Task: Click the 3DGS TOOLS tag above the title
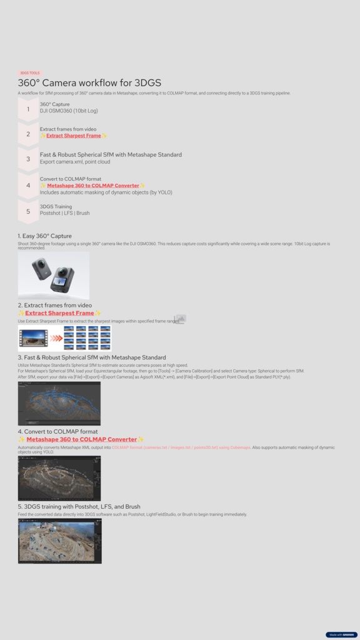[29, 73]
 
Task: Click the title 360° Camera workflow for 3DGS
[89, 83]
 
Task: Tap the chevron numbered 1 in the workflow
[28, 109]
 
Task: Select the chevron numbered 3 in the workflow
[28, 159]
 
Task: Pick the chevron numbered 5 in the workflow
[28, 211]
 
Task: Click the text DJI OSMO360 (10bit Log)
[69, 111]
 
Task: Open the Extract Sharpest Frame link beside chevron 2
[73, 136]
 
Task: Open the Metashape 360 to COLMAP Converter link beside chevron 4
[93, 186]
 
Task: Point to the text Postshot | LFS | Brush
[64, 213]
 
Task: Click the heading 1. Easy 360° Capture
[44, 236]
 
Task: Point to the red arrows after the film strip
[56, 338]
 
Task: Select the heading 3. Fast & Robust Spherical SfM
[92, 357]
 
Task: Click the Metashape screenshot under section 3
[59, 403]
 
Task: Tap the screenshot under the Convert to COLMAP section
[59, 478]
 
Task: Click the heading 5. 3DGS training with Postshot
[79, 506]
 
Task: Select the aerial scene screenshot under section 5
[59, 541]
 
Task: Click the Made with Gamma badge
[341, 634]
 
